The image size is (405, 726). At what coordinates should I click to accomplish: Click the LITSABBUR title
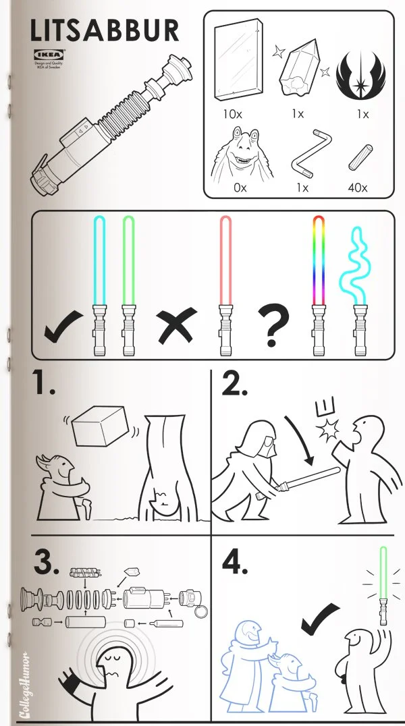click(x=105, y=30)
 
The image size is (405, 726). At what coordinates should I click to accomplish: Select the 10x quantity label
click(x=234, y=113)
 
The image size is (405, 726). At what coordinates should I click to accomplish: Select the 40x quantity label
click(x=358, y=187)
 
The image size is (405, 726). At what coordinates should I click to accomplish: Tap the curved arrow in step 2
click(x=300, y=438)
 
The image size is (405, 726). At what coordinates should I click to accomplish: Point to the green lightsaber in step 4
click(x=384, y=584)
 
